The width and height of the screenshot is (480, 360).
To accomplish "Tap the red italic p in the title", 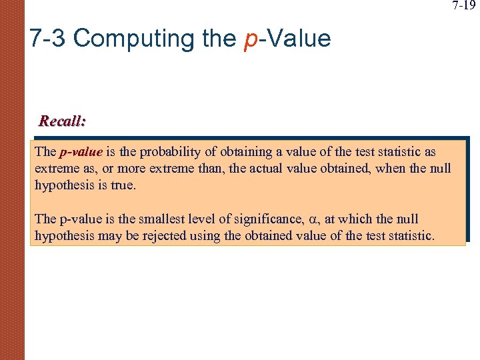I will click(251, 39).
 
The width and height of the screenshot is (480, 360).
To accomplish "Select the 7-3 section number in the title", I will click(47, 39).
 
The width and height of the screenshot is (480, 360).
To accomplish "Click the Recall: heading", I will click(62, 121).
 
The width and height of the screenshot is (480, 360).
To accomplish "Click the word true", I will click(124, 185).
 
